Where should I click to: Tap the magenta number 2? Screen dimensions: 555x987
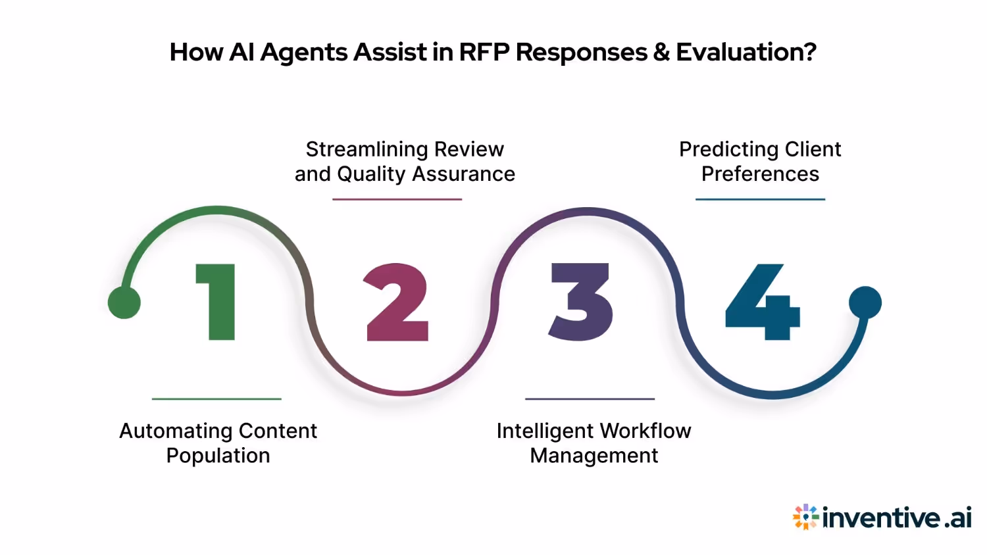[x=397, y=302]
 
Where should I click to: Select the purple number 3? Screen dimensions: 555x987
[x=581, y=302]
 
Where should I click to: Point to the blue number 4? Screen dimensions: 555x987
[x=763, y=302]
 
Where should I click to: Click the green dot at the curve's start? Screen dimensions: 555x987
[x=124, y=302]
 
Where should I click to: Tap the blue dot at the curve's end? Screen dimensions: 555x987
[x=865, y=302]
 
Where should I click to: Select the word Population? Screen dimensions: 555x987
[x=218, y=456]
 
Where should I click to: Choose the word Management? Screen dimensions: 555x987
[x=594, y=456]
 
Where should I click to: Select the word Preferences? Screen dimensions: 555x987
[x=760, y=174]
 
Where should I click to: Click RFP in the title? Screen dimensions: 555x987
[x=484, y=52]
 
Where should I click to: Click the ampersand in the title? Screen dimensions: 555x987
[x=661, y=52]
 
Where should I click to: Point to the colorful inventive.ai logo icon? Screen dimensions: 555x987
[x=805, y=518]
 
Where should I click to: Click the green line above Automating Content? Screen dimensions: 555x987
[x=216, y=398]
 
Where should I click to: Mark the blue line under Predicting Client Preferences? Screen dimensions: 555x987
[x=760, y=199]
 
